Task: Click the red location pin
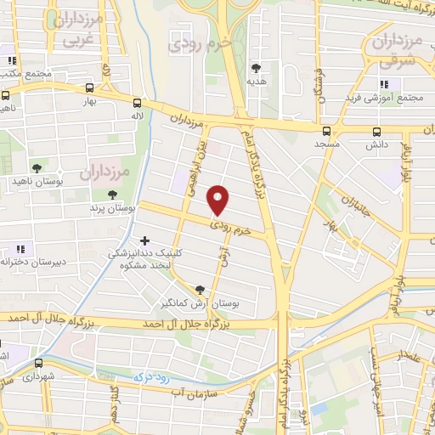click(219, 199)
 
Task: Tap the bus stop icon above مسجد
click(327, 131)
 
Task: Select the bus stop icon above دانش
click(377, 131)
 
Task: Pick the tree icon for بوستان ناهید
click(36, 168)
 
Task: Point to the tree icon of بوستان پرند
click(112, 195)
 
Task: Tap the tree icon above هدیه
click(256, 67)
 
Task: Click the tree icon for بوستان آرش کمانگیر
click(201, 290)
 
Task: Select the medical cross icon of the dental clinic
click(145, 241)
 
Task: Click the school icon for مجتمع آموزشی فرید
click(384, 84)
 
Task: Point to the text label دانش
click(377, 145)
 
